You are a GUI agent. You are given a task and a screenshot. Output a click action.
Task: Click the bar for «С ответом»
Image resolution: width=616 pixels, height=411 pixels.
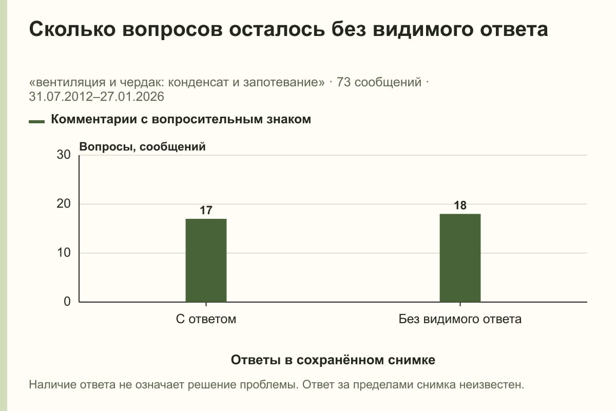(206, 260)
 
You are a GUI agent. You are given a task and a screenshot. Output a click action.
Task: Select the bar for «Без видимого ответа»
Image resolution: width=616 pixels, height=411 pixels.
(460, 258)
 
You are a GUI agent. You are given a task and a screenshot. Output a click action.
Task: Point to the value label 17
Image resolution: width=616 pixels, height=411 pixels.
(206, 210)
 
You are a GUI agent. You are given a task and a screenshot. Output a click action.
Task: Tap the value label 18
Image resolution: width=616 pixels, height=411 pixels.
(460, 206)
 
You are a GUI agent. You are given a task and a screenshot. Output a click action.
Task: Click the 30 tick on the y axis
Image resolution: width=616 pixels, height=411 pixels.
(64, 155)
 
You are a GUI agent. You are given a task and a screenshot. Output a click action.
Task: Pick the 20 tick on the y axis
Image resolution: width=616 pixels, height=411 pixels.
(64, 204)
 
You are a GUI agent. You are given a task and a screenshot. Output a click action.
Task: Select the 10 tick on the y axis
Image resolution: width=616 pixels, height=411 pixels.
(64, 253)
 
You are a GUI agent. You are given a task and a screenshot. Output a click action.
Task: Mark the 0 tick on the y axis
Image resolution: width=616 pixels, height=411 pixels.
(67, 302)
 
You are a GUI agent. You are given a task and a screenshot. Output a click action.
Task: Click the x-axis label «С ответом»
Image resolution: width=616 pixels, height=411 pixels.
(206, 319)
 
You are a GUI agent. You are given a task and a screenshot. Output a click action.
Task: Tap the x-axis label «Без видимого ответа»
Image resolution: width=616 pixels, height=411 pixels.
(460, 319)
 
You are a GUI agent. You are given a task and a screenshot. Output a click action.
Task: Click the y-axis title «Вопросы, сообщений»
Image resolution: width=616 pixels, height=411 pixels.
(143, 147)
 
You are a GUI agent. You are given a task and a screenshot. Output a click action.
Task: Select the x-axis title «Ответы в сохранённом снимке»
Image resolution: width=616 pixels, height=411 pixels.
(333, 360)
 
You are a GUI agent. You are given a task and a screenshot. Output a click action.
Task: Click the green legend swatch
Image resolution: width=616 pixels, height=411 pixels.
(36, 121)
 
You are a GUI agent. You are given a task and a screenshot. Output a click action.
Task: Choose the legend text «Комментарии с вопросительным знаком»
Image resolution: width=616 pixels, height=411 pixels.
(181, 120)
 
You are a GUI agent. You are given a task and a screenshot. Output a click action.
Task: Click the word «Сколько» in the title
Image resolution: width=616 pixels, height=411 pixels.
(72, 29)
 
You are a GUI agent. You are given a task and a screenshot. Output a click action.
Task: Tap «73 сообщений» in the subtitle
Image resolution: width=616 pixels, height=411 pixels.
(379, 82)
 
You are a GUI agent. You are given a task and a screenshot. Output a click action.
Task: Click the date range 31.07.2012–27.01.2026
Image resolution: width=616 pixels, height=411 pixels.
(97, 97)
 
